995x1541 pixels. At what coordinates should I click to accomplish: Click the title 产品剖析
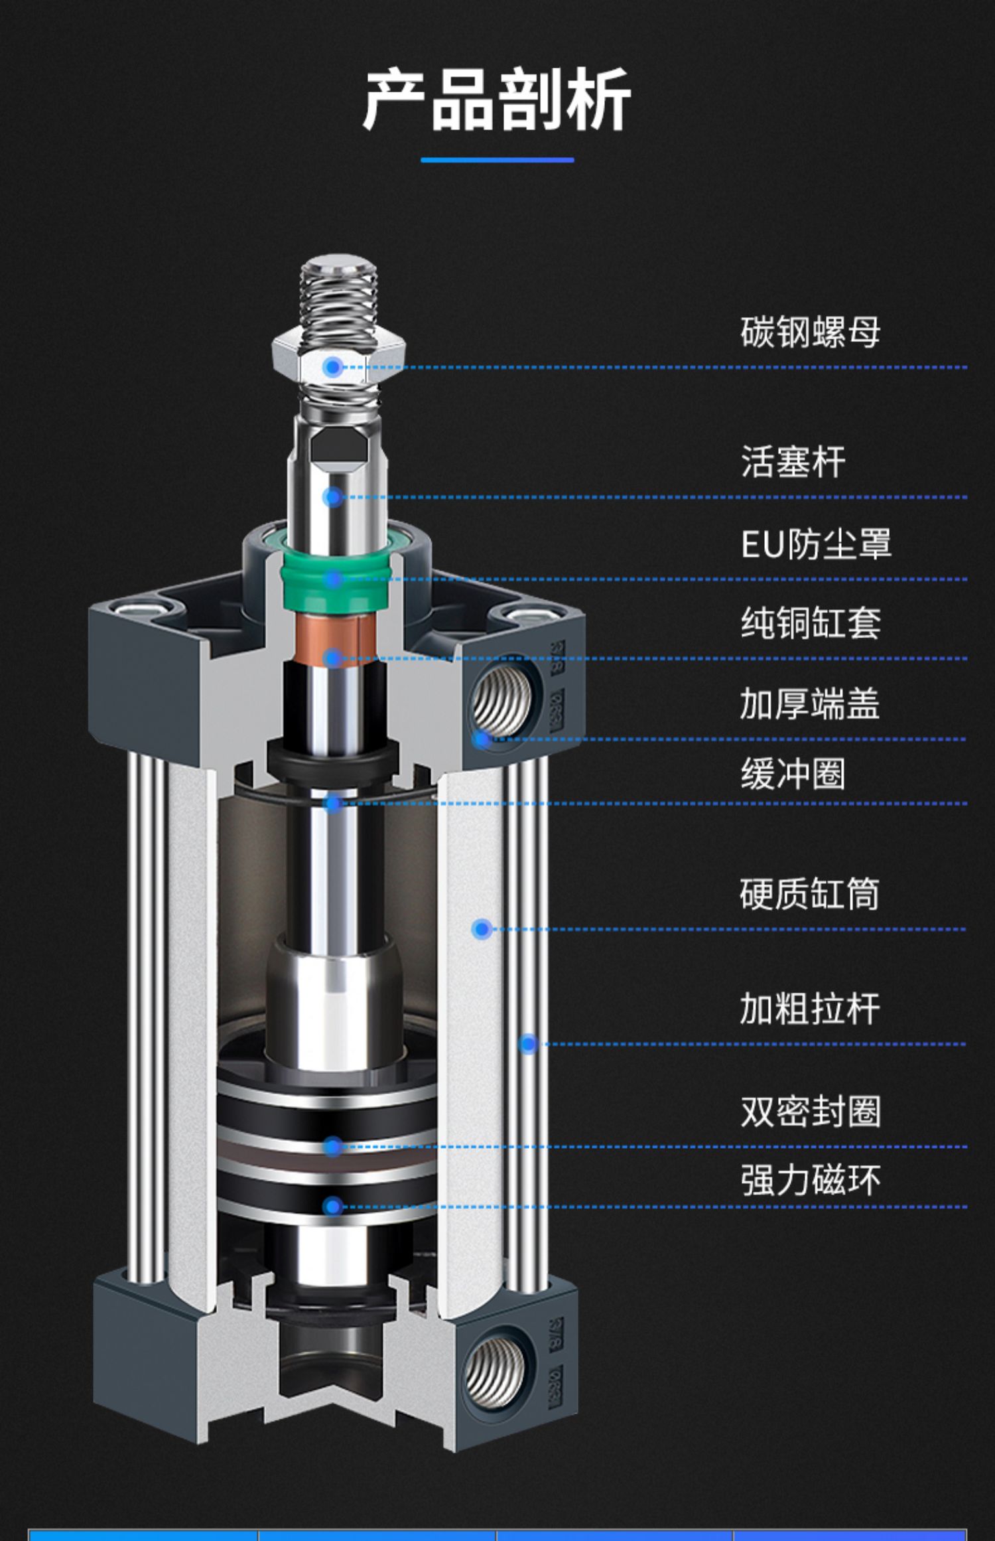coord(497,100)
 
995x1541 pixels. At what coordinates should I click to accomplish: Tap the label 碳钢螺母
coord(810,332)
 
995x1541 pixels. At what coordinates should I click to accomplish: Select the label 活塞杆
coord(793,462)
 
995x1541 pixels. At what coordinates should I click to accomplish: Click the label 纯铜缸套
coord(810,623)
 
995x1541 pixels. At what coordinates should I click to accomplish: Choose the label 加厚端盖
coord(810,703)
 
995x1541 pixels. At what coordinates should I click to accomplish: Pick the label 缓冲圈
coord(793,774)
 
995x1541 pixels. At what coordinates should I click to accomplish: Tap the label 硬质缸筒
coord(810,894)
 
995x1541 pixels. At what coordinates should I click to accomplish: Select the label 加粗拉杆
coord(810,1009)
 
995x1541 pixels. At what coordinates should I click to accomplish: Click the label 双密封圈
coord(810,1112)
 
